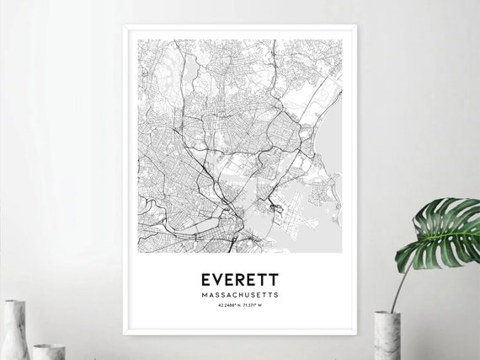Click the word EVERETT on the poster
click(x=238, y=279)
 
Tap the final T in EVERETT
click(x=273, y=279)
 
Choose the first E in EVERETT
click(x=205, y=279)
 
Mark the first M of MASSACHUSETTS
click(x=205, y=295)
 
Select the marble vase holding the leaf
click(x=386, y=336)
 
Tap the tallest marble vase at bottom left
click(x=14, y=330)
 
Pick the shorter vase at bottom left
click(x=48, y=351)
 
